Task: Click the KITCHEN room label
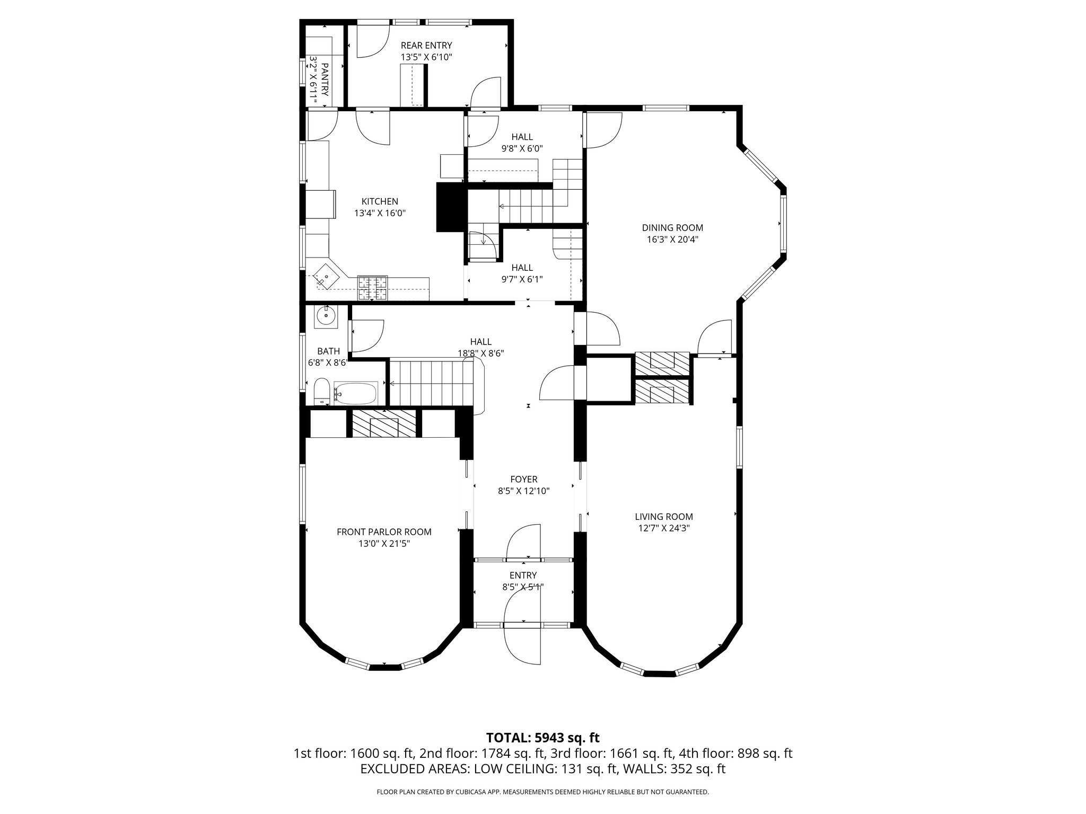point(380,201)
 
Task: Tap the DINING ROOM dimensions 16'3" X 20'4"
point(672,240)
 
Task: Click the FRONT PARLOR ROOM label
point(384,532)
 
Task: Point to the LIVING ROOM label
point(664,517)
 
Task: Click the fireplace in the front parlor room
point(384,423)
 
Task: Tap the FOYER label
point(524,480)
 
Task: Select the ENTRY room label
point(523,576)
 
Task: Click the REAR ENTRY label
point(426,46)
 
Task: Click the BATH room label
point(328,351)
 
